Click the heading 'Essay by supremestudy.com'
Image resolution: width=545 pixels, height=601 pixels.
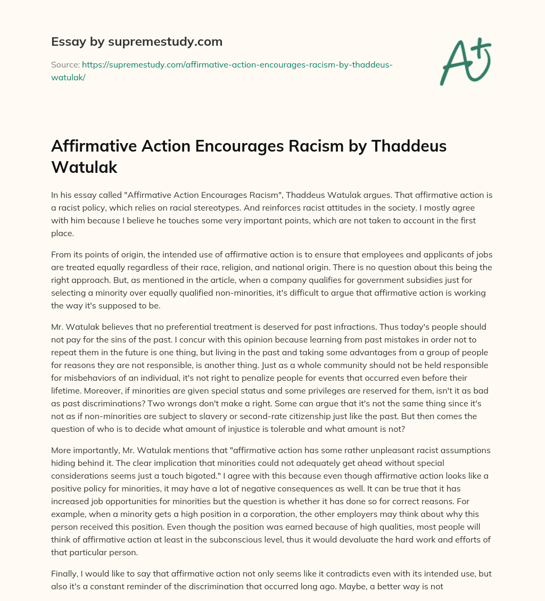point(137,41)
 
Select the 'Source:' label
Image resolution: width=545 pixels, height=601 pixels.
point(65,64)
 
